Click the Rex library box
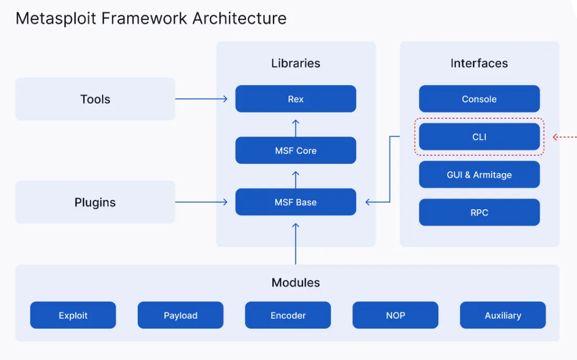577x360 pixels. click(x=295, y=99)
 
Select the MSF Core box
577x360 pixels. click(x=295, y=151)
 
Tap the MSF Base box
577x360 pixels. click(x=295, y=203)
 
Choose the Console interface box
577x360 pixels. click(x=479, y=99)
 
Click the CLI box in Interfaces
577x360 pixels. click(x=479, y=137)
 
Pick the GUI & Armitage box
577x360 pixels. click(x=479, y=175)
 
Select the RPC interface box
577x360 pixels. click(x=479, y=213)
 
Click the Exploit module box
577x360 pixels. click(x=73, y=316)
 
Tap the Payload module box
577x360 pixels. click(x=180, y=316)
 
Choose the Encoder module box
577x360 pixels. click(x=288, y=316)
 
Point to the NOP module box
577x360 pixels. click(x=395, y=316)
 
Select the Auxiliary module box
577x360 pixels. click(x=503, y=316)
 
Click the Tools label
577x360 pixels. click(x=95, y=99)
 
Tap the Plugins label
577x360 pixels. click(x=95, y=203)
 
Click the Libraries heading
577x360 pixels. click(x=295, y=63)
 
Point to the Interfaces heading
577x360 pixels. click(x=479, y=63)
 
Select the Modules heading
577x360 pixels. click(x=295, y=283)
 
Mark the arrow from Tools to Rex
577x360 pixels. click(x=202, y=99)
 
